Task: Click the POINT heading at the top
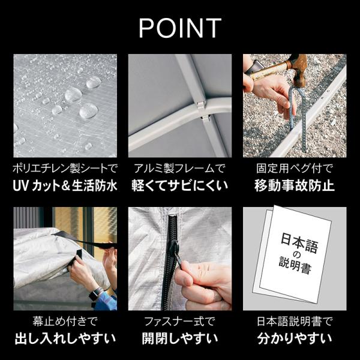180,28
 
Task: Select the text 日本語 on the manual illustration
299,243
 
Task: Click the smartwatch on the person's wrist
95,294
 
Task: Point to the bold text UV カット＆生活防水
65,186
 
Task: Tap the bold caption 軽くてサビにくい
180,186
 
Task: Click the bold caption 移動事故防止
295,186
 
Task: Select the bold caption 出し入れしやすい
65,338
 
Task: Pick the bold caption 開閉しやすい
180,338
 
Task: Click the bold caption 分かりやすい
295,338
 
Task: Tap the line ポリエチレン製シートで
65,168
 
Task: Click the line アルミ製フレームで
180,168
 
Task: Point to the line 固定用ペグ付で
295,168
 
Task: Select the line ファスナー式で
180,321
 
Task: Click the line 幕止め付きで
65,321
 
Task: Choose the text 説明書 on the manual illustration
295,266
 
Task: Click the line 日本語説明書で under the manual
295,321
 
